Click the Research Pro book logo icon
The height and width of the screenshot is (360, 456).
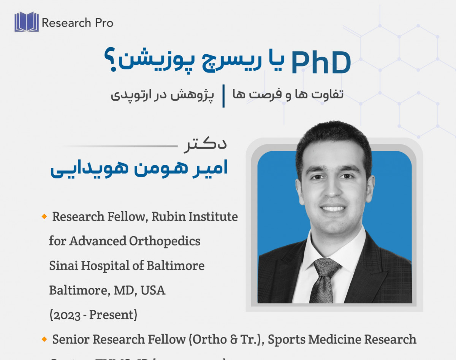27,22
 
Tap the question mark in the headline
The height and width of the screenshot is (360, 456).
111,61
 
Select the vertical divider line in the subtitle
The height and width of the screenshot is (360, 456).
223,96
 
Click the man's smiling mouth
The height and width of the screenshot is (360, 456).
333,208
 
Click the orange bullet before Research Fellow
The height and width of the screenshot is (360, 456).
44,216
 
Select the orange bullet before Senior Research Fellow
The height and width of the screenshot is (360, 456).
44,339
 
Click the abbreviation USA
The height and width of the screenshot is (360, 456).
153,291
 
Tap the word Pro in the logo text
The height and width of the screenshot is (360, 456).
104,23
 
